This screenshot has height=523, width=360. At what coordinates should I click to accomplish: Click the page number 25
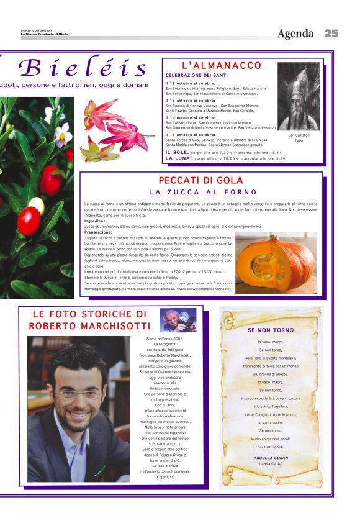[x=331, y=34]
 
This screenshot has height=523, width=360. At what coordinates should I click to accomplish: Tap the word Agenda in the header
[x=295, y=34]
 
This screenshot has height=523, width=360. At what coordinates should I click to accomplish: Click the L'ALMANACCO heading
[x=222, y=65]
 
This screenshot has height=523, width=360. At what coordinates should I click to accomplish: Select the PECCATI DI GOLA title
[x=201, y=181]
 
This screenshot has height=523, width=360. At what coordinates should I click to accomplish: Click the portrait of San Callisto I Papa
[x=299, y=96]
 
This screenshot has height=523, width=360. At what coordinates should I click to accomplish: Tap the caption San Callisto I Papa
[x=299, y=137]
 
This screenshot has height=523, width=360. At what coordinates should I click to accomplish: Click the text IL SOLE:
[x=177, y=152]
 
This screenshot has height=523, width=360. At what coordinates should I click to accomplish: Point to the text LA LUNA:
[x=178, y=158]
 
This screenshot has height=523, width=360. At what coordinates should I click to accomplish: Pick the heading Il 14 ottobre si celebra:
[x=190, y=117]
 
